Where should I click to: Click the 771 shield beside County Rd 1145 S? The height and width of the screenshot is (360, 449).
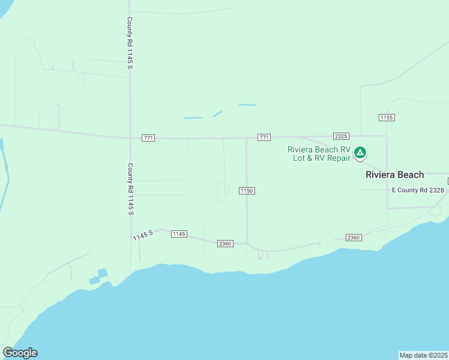click(x=148, y=138)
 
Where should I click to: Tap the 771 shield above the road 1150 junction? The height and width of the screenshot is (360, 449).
click(x=264, y=137)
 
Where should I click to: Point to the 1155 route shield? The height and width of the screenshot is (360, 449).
click(x=387, y=117)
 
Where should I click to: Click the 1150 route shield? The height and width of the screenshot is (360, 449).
click(x=247, y=191)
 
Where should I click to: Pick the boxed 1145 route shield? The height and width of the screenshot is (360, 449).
click(x=179, y=233)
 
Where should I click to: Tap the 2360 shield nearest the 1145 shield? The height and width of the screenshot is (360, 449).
click(x=225, y=244)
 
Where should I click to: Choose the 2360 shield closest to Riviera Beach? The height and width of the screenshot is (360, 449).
click(x=354, y=238)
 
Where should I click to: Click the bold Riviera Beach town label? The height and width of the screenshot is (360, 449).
click(x=395, y=175)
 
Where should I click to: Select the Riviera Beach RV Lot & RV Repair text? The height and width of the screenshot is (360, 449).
click(x=319, y=154)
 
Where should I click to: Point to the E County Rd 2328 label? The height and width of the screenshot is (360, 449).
click(x=418, y=190)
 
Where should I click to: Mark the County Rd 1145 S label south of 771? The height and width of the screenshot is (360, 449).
click(x=129, y=189)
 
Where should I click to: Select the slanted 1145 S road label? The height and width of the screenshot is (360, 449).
click(x=143, y=236)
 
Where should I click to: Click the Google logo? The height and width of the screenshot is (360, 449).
click(x=20, y=353)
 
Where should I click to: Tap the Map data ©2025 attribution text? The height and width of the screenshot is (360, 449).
click(x=424, y=355)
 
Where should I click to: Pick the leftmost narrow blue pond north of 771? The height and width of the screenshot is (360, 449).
click(x=193, y=118)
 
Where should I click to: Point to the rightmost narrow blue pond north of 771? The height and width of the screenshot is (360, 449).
click(x=247, y=105)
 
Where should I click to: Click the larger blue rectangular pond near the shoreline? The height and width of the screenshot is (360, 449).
click(x=102, y=273)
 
